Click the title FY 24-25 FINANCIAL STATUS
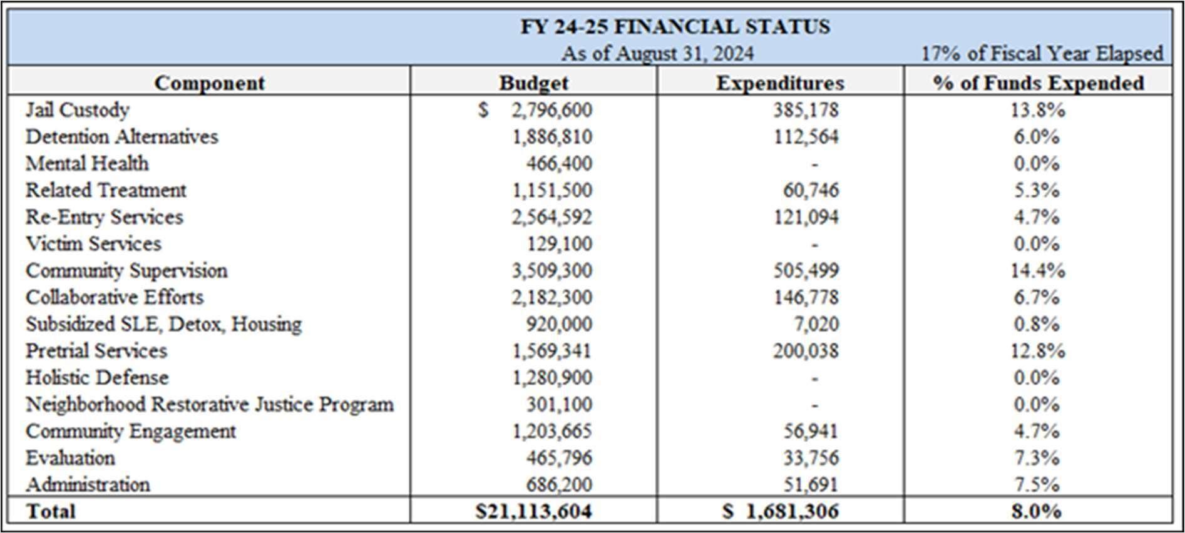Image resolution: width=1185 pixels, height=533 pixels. click(675, 26)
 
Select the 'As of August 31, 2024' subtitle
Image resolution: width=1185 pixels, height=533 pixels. click(657, 54)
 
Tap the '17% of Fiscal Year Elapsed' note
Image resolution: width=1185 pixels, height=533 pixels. click(1041, 54)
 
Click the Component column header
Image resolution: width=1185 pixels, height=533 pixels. click(209, 83)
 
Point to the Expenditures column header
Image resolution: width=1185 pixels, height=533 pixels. click(779, 83)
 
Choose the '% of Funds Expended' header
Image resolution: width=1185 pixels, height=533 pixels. click(1038, 83)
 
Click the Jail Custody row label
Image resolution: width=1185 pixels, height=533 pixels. click(78, 110)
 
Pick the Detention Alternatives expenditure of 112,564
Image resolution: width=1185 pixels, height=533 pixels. click(806, 137)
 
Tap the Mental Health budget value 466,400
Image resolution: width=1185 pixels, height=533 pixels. click(558, 164)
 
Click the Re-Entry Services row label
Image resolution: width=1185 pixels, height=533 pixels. click(104, 217)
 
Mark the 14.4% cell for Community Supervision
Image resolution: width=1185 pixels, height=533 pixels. click(1037, 271)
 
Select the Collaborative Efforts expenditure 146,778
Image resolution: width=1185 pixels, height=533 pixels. click(806, 298)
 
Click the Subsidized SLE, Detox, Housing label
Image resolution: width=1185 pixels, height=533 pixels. click(163, 324)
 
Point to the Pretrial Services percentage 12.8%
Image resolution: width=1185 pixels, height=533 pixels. click(1037, 351)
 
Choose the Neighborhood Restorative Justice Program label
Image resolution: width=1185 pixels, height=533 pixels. click(209, 405)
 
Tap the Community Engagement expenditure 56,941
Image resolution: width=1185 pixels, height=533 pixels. click(810, 432)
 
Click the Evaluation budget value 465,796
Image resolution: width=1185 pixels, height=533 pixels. click(558, 458)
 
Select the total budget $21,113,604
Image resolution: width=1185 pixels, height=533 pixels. click(533, 511)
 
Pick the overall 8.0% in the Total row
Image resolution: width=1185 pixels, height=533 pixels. click(1037, 511)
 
